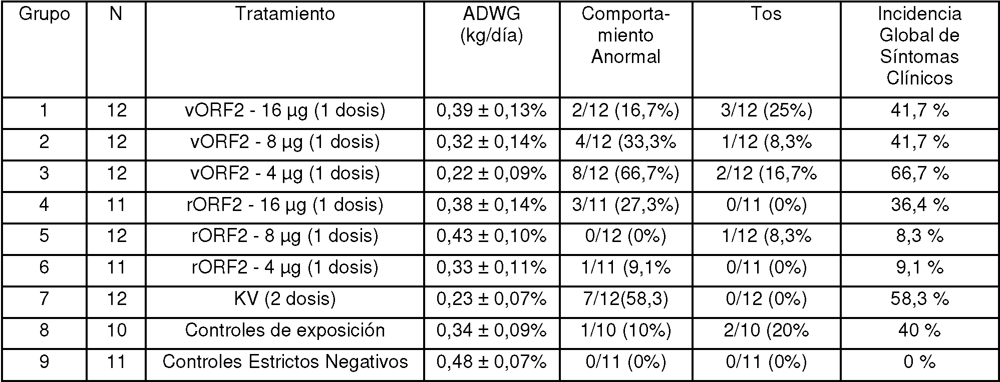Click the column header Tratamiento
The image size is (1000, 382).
285,13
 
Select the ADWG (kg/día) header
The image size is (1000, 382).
492,24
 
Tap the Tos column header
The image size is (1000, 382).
766,13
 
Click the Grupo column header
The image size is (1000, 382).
44,14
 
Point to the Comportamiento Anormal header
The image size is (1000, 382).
626,35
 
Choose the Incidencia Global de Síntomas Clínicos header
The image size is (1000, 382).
920,45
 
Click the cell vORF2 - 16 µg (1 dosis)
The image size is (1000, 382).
285,111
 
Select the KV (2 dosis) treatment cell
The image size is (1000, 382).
285,299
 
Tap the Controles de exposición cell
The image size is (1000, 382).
285,330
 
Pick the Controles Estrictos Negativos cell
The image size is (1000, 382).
285,361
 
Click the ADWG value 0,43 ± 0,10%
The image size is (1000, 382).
492,236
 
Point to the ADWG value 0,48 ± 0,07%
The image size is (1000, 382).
492,361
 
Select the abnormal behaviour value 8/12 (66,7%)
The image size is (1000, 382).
626,173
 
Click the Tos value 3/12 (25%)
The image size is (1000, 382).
766,111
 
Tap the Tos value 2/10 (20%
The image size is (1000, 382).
766,330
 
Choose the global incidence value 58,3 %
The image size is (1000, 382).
920,299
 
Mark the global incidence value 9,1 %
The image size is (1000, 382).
920,267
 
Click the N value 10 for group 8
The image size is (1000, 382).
116,330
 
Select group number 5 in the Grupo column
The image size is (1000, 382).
44,236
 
